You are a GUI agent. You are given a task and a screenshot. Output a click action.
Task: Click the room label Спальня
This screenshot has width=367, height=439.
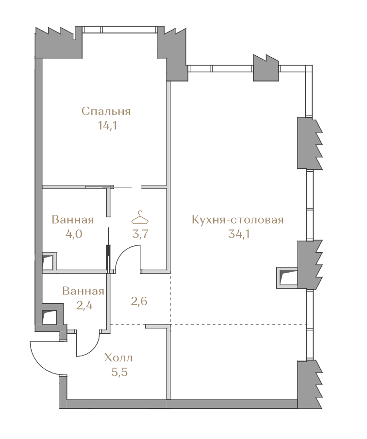tap(106, 112)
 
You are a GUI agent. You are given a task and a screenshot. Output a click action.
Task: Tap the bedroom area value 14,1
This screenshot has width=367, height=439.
tap(107, 126)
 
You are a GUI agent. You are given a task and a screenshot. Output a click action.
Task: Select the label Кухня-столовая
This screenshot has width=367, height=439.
tap(237, 220)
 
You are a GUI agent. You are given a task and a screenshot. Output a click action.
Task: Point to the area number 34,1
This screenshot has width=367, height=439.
tap(239, 234)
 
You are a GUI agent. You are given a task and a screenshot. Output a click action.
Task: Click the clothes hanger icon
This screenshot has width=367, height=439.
tap(140, 217)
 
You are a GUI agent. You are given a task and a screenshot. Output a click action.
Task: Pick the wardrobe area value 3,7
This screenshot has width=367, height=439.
tap(140, 234)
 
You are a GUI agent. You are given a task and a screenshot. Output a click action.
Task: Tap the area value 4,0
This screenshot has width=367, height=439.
tap(74, 234)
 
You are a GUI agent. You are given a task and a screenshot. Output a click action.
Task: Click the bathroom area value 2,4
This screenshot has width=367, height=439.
tap(84, 305)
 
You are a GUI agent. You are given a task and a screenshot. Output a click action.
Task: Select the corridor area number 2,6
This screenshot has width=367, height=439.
tap(139, 301)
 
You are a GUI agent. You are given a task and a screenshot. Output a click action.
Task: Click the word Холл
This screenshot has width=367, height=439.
tap(118, 358)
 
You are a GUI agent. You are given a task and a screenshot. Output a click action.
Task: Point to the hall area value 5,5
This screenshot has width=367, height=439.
tap(119, 373)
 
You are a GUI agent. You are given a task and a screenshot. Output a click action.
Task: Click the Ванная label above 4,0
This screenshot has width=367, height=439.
tap(73, 220)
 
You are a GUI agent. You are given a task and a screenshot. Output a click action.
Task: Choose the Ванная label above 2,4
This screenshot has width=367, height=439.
tap(83, 291)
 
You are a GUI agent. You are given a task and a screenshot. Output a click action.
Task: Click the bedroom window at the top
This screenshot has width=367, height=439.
tap(119, 30)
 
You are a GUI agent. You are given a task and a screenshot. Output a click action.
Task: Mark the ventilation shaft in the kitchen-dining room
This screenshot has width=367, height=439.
tap(286, 277)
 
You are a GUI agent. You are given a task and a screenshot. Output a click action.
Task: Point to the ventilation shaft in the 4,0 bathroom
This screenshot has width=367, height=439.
tap(49, 261)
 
